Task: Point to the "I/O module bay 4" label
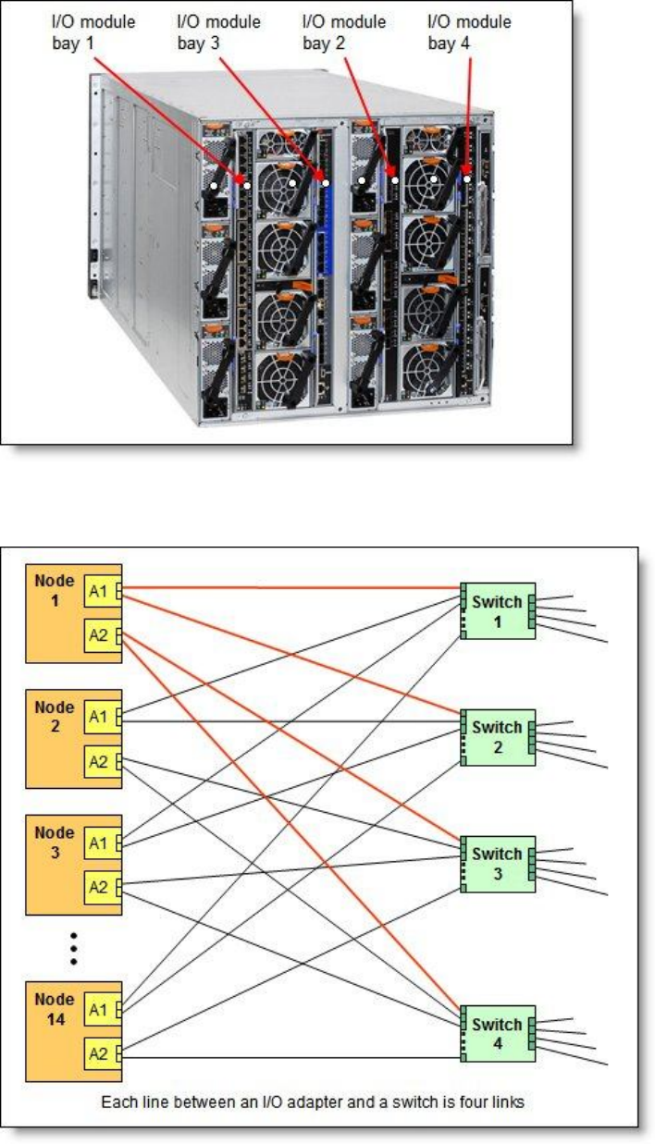469,32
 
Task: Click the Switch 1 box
498,610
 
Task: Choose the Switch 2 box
498,737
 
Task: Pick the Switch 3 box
498,864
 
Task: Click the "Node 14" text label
55,1005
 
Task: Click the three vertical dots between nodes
73,947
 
